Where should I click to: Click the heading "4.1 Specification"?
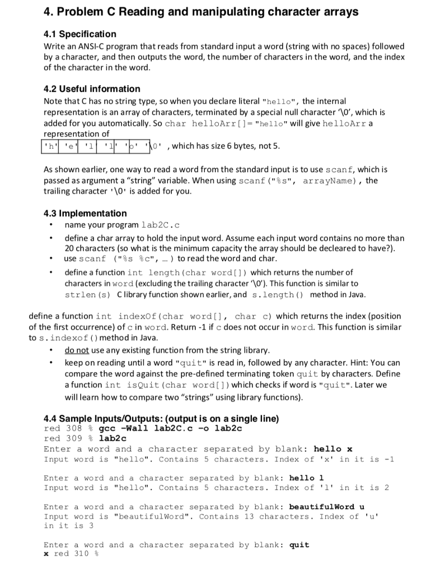click(x=80, y=34)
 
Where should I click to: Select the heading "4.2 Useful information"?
click(x=92, y=89)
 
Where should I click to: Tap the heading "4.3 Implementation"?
click(x=85, y=213)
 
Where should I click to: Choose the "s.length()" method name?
click(x=278, y=294)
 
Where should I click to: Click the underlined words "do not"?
click(x=77, y=350)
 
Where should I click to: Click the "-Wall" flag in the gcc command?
click(x=134, y=428)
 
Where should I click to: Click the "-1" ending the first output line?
click(x=389, y=459)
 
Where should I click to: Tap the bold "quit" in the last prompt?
click(x=299, y=544)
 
